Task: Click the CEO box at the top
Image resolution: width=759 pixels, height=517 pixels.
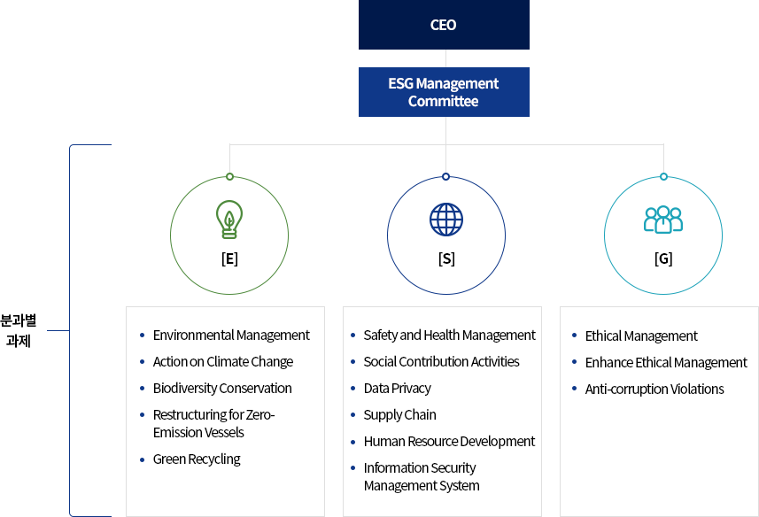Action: tap(444, 25)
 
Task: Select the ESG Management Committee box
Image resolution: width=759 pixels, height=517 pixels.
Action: tap(444, 92)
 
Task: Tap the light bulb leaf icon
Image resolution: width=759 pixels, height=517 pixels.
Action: tap(229, 220)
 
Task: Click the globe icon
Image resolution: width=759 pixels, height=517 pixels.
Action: tap(445, 220)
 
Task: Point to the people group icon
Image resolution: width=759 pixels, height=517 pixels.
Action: tap(662, 220)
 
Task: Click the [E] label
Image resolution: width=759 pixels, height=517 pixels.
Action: tap(229, 259)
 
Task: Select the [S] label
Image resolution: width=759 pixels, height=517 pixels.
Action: tap(445, 259)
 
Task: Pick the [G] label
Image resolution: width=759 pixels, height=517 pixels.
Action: tap(662, 259)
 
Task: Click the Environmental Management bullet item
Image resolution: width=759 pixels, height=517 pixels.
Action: tap(231, 336)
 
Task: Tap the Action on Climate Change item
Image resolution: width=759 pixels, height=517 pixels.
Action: tap(222, 362)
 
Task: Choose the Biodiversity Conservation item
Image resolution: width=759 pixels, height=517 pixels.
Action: tap(221, 389)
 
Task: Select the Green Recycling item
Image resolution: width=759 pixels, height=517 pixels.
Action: tap(197, 459)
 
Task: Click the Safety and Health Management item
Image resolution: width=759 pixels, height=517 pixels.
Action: tap(449, 336)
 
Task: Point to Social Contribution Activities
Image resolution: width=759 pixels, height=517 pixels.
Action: tap(441, 362)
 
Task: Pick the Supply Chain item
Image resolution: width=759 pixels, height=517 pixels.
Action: tap(399, 415)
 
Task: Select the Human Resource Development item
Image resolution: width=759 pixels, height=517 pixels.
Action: tap(449, 442)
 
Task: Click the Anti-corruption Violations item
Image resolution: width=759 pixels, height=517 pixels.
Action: tap(654, 390)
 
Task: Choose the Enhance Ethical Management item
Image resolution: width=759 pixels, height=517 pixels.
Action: tap(666, 363)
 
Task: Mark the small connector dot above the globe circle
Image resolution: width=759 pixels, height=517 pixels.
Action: tap(445, 176)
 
